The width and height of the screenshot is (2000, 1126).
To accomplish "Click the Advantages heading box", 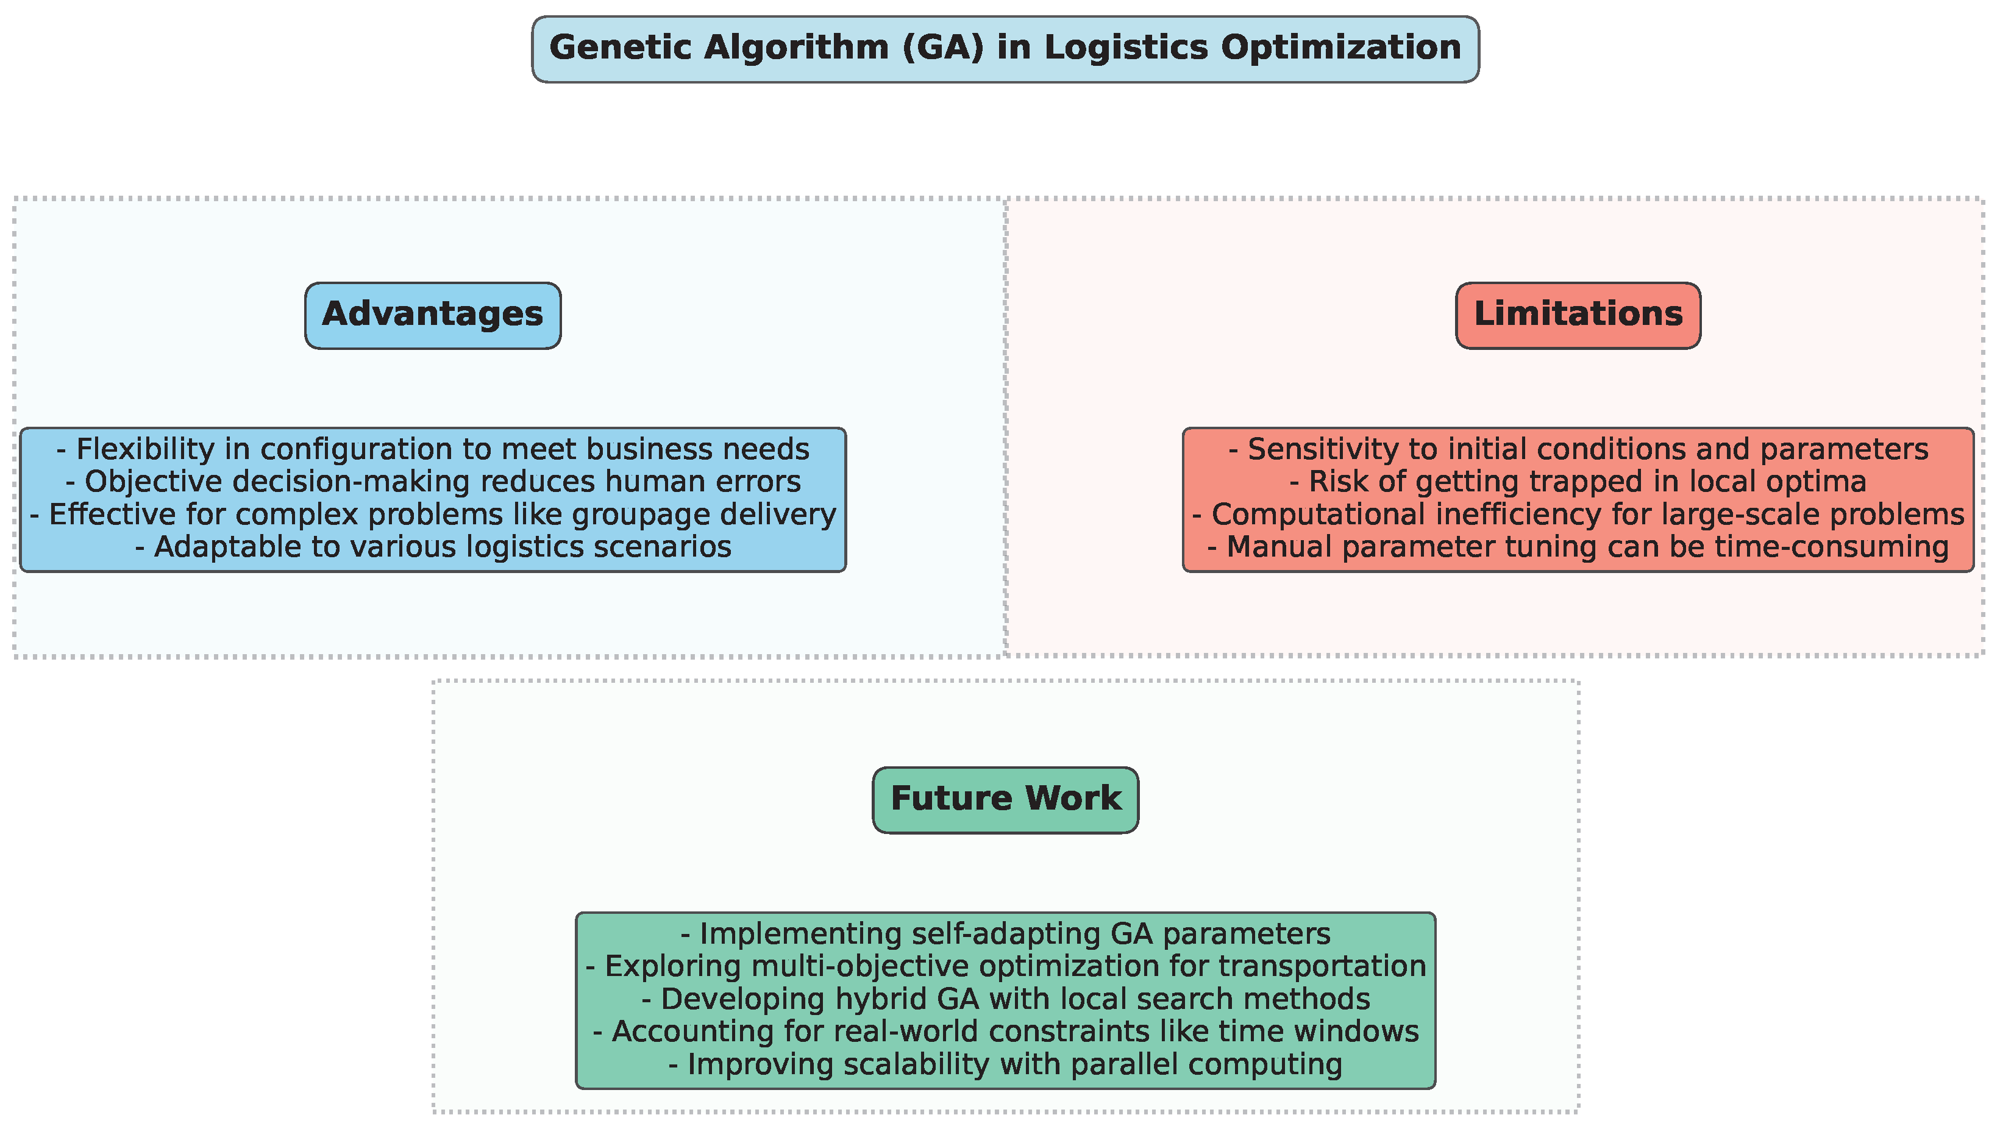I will (x=432, y=315).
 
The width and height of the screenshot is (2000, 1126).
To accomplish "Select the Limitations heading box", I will (x=1578, y=315).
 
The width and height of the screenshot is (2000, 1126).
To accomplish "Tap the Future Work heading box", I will (x=1005, y=800).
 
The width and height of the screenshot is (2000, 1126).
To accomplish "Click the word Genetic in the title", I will (x=619, y=48).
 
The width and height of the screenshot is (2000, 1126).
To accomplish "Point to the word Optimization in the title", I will (x=1341, y=48).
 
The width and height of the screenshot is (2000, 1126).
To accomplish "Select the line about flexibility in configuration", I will (x=432, y=450).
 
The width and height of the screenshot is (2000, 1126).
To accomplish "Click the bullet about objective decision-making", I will (x=432, y=482).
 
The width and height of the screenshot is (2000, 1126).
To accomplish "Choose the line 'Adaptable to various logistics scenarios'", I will (x=432, y=547).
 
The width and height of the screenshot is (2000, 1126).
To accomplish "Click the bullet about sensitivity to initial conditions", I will (x=1578, y=450).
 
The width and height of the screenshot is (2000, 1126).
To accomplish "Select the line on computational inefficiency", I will (x=1578, y=515).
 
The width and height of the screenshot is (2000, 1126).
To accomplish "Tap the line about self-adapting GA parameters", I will (x=1005, y=934).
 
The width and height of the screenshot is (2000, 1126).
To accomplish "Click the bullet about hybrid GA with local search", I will (x=1005, y=999).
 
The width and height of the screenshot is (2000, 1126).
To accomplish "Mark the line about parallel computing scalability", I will (x=1005, y=1064).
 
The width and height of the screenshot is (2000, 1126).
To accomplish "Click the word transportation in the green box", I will (x=1322, y=967).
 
